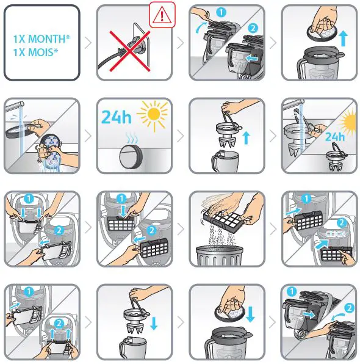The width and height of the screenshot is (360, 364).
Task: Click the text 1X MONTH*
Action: tap(41, 38)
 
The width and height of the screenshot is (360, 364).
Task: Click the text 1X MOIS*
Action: tap(35, 52)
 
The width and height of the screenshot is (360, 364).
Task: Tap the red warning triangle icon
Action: tap(162, 15)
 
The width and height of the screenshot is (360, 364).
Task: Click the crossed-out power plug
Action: tap(129, 49)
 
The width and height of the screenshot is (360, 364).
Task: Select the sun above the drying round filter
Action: tap(153, 114)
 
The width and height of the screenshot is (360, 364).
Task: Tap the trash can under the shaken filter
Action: tap(220, 255)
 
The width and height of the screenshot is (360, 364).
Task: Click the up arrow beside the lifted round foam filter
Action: tap(344, 38)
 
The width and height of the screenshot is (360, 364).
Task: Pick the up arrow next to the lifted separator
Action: tap(246, 137)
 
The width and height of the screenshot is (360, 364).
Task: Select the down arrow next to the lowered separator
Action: tap(154, 323)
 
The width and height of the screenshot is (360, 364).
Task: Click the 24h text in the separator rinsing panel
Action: tap(335, 137)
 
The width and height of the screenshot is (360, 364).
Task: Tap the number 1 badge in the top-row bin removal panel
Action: tap(221, 12)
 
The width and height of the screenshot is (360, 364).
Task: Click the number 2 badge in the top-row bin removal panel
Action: tap(253, 28)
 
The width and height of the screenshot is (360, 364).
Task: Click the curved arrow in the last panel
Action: tap(338, 316)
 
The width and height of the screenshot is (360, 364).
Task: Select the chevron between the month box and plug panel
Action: tap(88, 43)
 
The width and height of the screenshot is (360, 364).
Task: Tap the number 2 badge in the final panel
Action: tap(350, 308)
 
